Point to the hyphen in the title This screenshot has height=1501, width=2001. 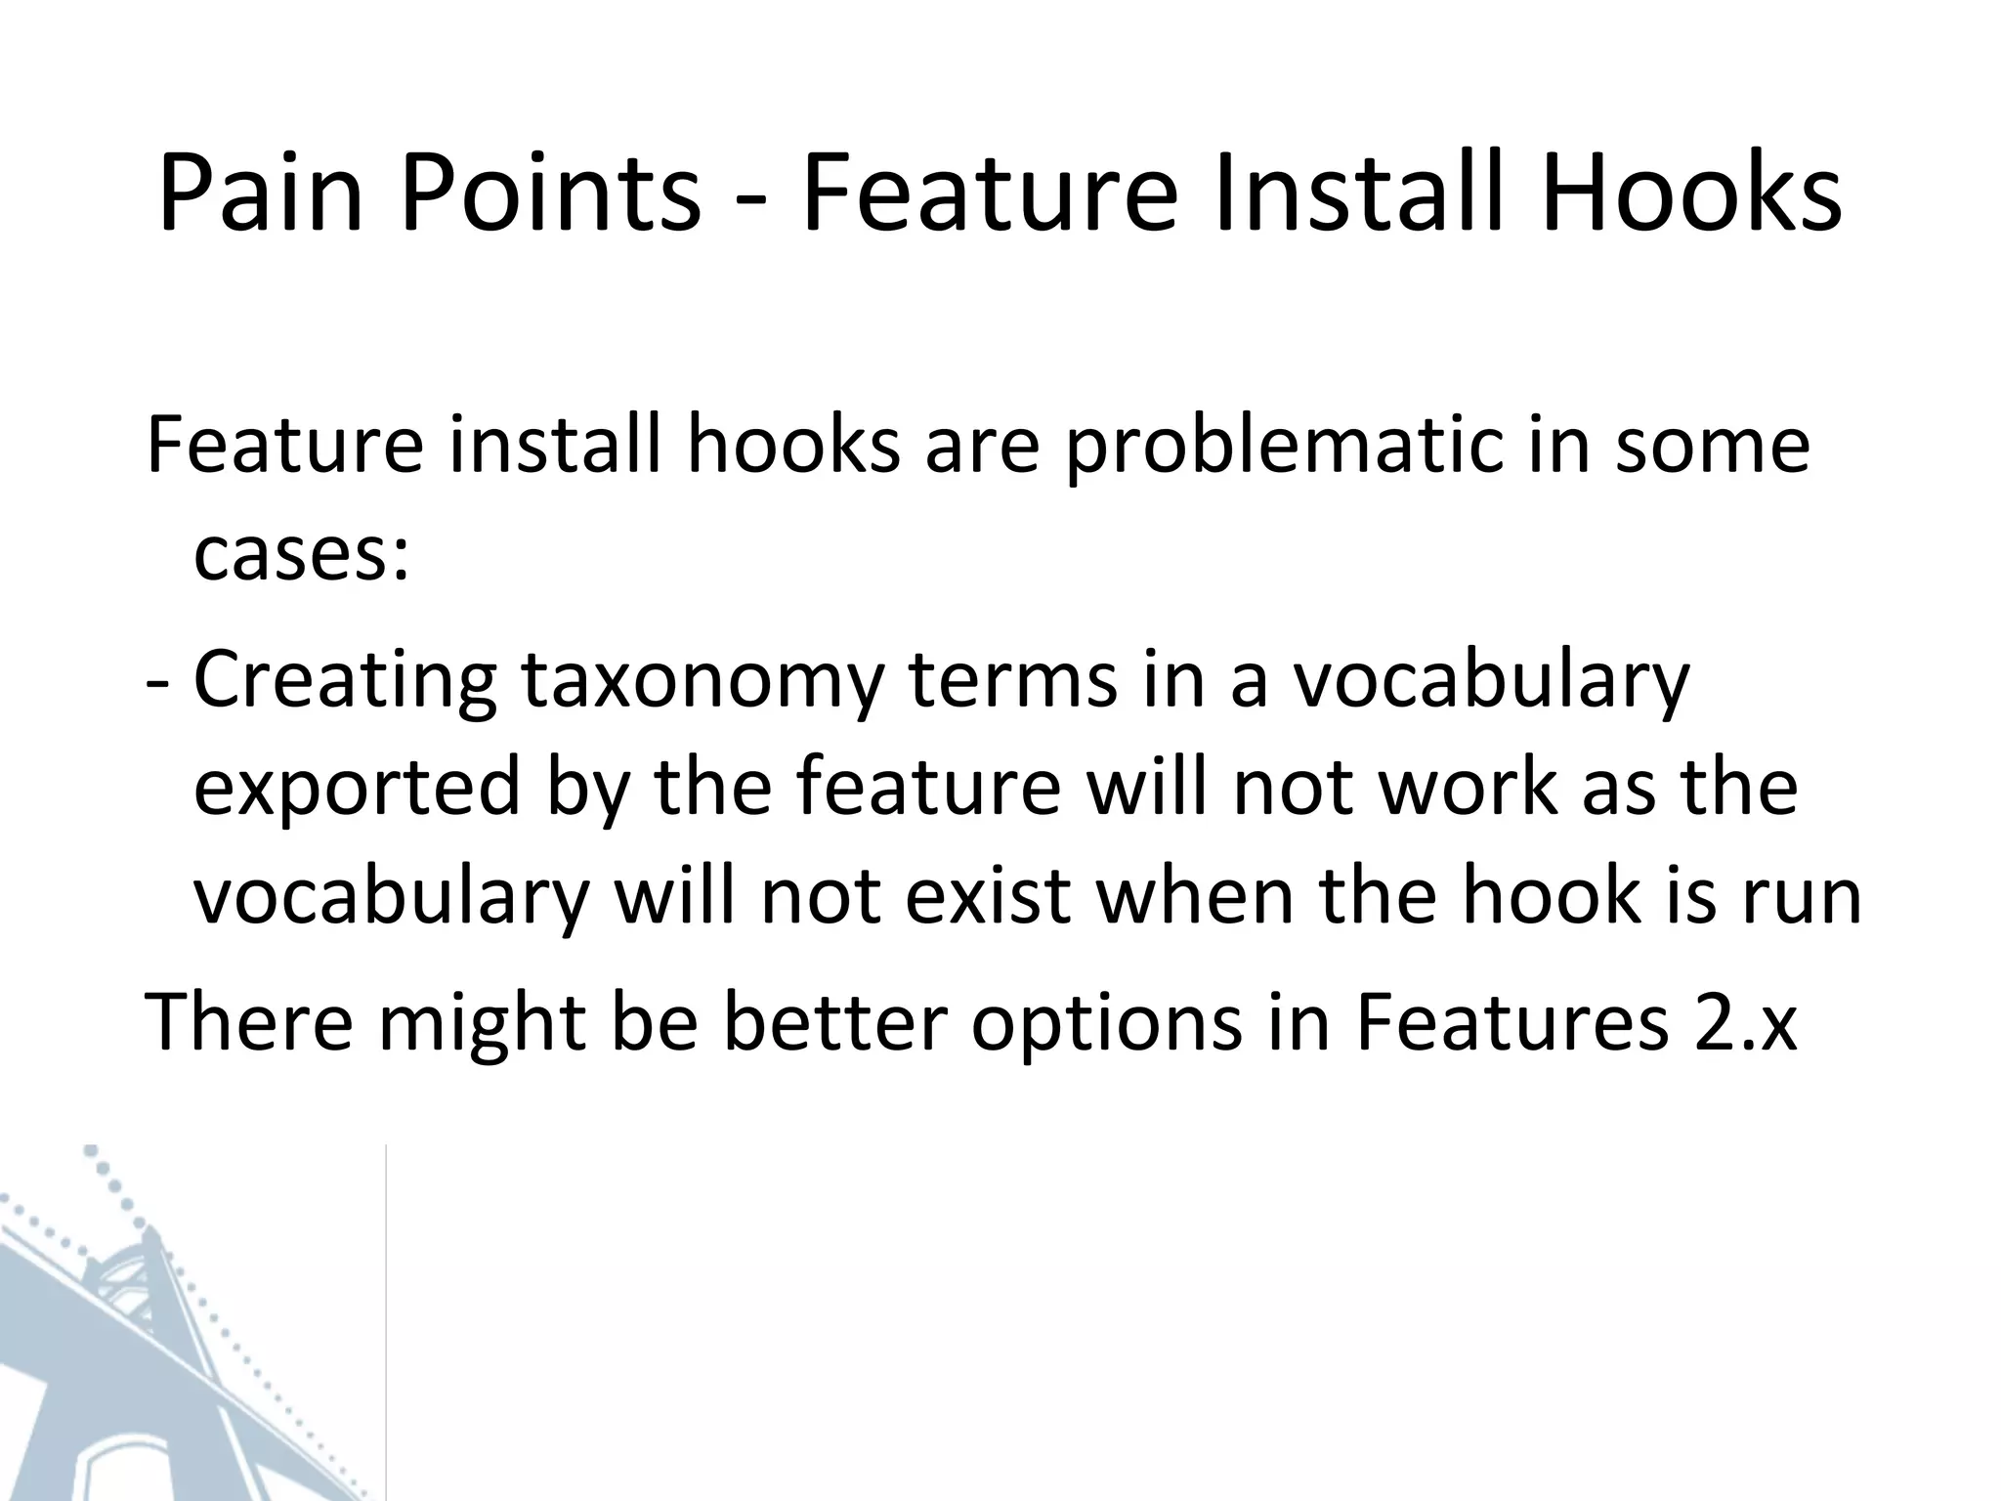(x=749, y=200)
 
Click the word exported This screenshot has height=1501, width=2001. (x=357, y=790)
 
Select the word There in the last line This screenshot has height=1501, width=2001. (x=249, y=1021)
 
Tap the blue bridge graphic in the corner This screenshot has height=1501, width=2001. (x=147, y=1349)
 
